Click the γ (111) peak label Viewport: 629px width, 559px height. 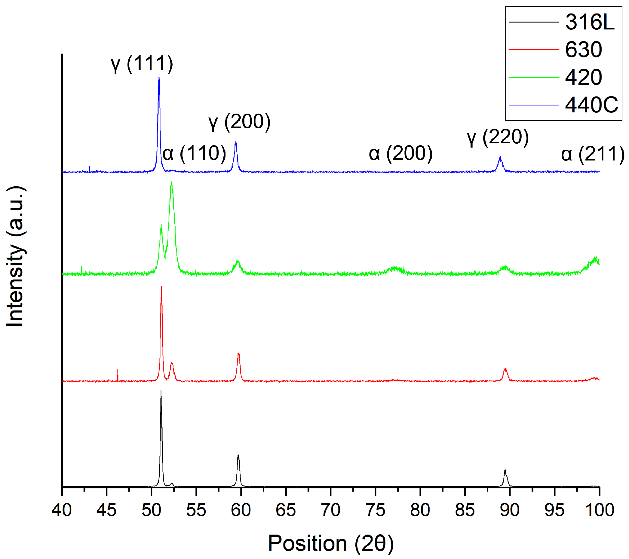pyautogui.click(x=142, y=64)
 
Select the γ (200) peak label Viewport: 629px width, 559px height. pyautogui.click(x=239, y=122)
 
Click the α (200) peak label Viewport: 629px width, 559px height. pyautogui.click(x=400, y=154)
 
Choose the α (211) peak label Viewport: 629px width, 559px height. pyautogui.click(x=592, y=154)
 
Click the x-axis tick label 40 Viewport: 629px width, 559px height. pyautogui.click(x=62, y=510)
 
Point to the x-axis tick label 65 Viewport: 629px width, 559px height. pyautogui.click(x=286, y=510)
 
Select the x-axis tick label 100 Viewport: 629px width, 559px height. pyautogui.click(x=600, y=510)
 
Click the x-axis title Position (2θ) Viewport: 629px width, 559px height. pyautogui.click(x=330, y=544)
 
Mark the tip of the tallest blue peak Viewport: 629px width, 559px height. pyautogui.click(x=159, y=77)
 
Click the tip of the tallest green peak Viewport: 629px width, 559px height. pyautogui.click(x=171, y=182)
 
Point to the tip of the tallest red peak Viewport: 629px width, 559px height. pyautogui.click(x=161, y=287)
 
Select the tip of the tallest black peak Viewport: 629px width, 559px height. pyautogui.click(x=161, y=391)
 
